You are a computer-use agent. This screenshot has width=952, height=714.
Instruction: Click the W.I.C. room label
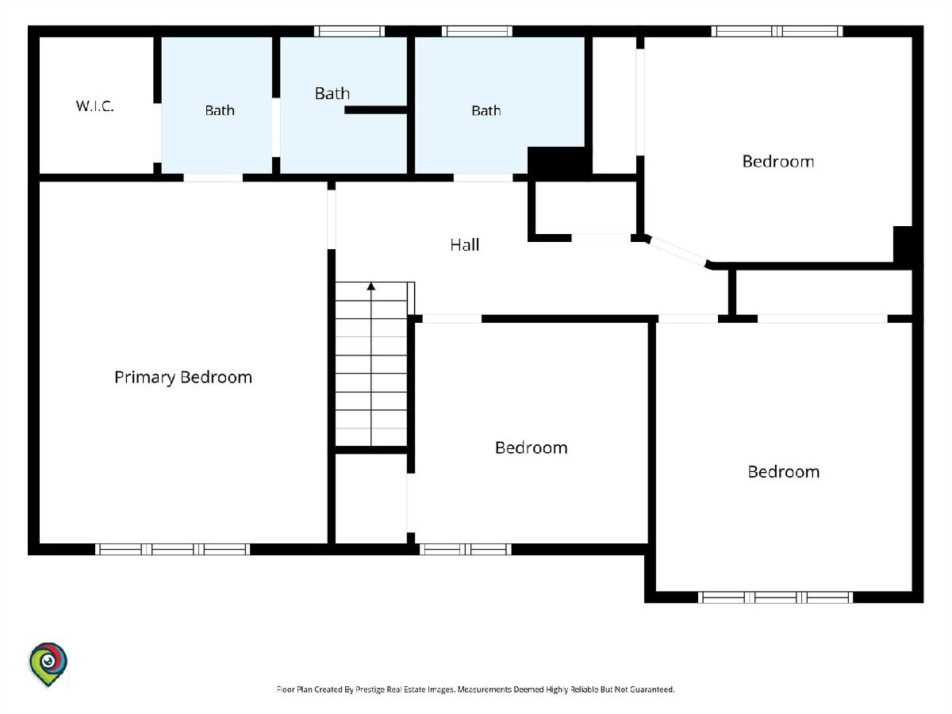point(95,106)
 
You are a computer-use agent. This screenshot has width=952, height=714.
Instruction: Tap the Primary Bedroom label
point(183,377)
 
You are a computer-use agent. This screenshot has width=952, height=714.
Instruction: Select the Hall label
point(465,245)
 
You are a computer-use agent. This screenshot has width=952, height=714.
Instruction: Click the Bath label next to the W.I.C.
point(220,110)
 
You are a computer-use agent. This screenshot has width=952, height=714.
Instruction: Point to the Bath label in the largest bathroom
point(486,111)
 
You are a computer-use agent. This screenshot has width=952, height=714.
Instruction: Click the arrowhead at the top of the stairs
point(370,286)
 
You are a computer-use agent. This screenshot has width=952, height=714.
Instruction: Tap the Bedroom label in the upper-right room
point(778,162)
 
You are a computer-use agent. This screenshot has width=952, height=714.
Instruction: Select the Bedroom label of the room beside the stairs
point(532,447)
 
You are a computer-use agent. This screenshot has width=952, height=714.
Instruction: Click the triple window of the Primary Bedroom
point(173,549)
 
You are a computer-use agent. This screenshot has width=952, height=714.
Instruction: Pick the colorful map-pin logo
point(48,664)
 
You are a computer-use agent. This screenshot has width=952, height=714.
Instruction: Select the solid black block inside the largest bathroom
point(559,161)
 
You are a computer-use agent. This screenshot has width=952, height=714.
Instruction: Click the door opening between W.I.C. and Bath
point(157,132)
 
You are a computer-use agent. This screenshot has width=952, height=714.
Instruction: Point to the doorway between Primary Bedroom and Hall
point(332,220)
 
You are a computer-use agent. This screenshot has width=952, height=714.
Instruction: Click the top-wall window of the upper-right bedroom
point(777,31)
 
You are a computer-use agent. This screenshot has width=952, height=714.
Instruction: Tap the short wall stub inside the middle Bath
point(375,110)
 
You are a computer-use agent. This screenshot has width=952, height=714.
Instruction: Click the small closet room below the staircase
point(370,498)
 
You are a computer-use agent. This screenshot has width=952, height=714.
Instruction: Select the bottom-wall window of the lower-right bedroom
point(775,597)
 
